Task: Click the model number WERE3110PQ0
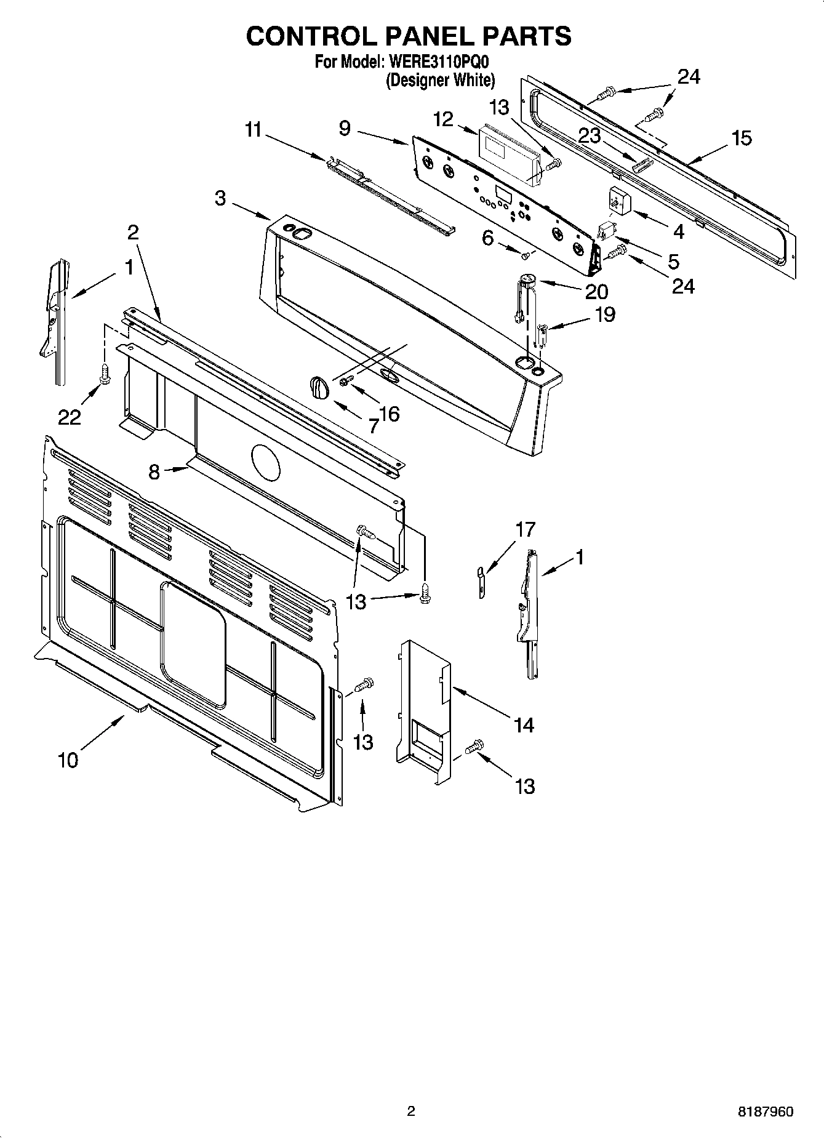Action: click(438, 62)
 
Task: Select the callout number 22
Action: click(70, 417)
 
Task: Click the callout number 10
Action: click(68, 760)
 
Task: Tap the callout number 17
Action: click(526, 529)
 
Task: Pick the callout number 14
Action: click(524, 725)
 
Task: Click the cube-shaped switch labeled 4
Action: click(616, 200)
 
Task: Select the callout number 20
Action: click(596, 291)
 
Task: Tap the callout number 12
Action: click(442, 119)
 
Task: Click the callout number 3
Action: click(220, 198)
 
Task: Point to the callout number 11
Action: click(253, 130)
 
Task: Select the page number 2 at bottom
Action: click(411, 1111)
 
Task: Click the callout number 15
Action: click(742, 138)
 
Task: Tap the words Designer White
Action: click(440, 80)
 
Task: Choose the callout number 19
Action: click(605, 315)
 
